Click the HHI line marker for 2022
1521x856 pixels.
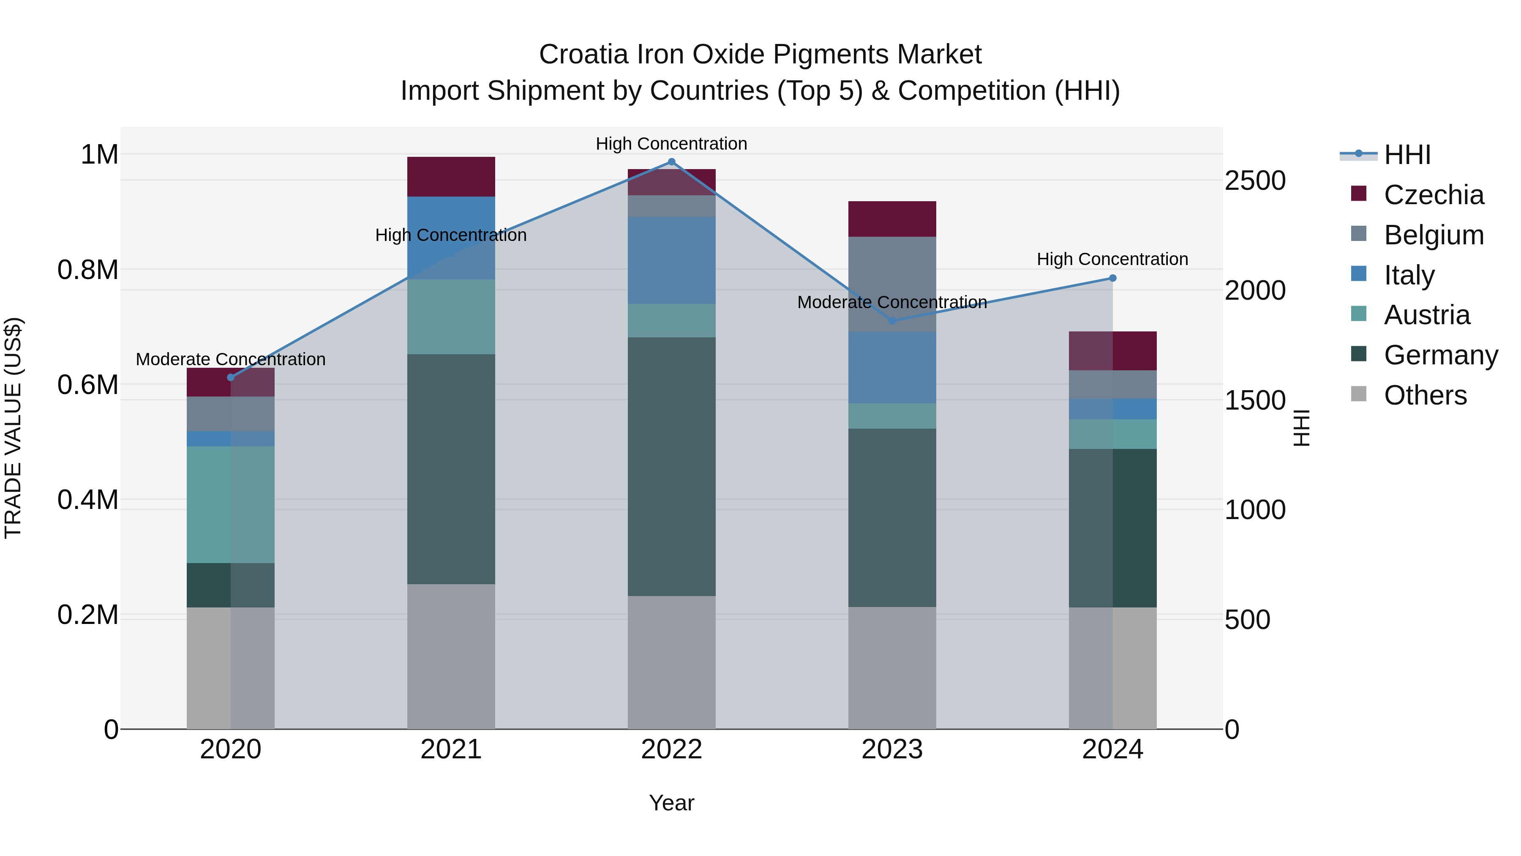(x=671, y=162)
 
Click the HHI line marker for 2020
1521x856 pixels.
(x=231, y=377)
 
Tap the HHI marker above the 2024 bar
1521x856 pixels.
(x=1112, y=278)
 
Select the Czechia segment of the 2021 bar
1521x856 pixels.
(x=451, y=177)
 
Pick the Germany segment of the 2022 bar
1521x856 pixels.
(x=671, y=467)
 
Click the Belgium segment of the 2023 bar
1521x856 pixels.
(x=892, y=284)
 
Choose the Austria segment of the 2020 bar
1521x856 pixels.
(x=231, y=504)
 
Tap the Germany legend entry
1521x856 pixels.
(x=1441, y=355)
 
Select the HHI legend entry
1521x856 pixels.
(x=1407, y=155)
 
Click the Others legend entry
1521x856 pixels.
(x=1425, y=395)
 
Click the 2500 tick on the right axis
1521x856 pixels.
(x=1255, y=181)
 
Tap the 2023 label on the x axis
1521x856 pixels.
(x=892, y=749)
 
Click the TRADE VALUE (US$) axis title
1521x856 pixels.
(x=13, y=428)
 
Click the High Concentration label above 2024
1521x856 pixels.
(x=1112, y=260)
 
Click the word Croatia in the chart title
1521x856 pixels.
(x=583, y=55)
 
